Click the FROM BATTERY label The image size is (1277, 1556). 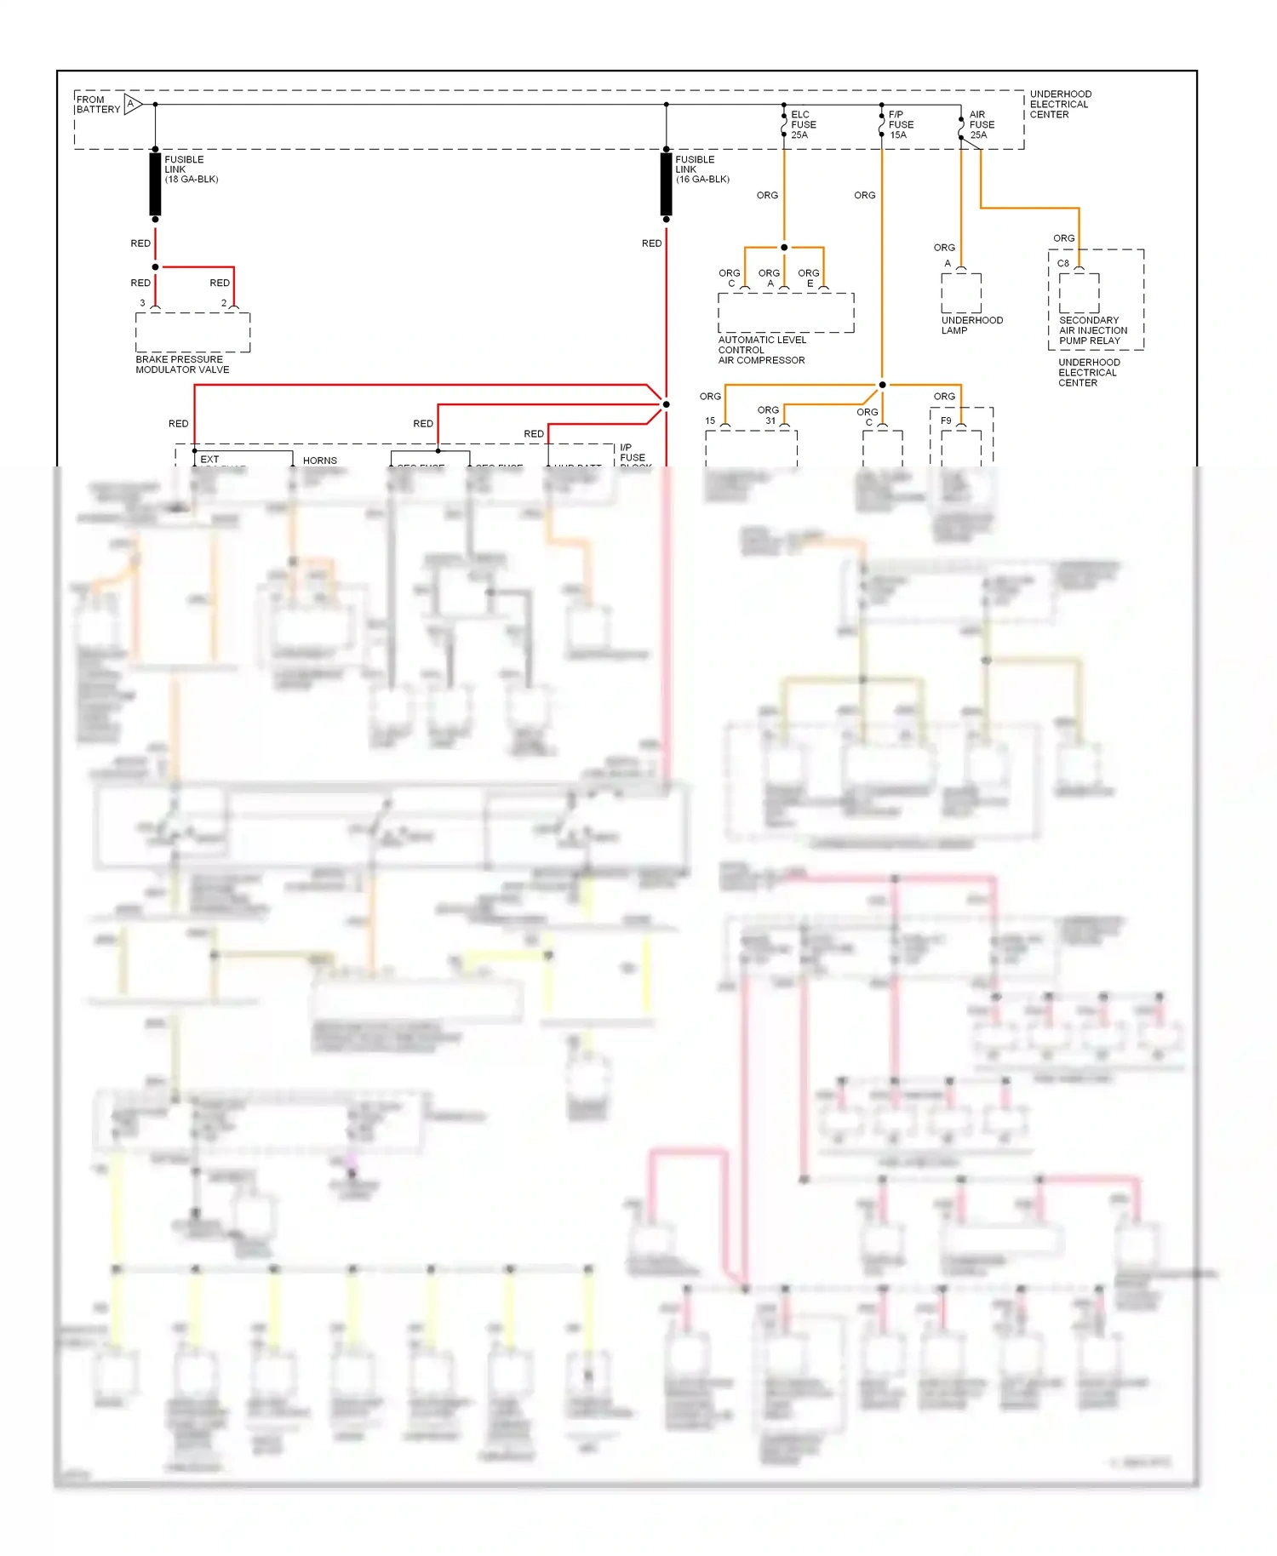point(98,105)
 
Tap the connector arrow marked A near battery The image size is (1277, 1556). point(132,105)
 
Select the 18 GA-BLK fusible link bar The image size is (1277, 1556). point(155,184)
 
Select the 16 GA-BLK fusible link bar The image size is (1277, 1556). point(666,184)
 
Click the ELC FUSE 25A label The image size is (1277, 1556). point(803,124)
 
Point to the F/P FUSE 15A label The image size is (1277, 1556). point(900,124)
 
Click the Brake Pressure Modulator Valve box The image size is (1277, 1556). point(192,332)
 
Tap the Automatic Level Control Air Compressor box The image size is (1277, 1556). point(786,313)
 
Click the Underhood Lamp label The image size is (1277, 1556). point(971,325)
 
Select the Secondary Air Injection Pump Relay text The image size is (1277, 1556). point(1092,330)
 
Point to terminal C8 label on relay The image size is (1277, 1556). point(1063,264)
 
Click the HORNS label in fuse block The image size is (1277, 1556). point(320,461)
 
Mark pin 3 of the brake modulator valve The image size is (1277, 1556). point(142,303)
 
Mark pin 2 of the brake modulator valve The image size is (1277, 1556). point(224,303)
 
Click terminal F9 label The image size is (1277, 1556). point(946,420)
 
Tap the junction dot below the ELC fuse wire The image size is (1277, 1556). point(784,248)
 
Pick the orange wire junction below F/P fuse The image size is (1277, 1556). point(882,385)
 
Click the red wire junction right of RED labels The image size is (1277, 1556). point(666,404)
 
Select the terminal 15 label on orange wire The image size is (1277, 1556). point(710,420)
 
